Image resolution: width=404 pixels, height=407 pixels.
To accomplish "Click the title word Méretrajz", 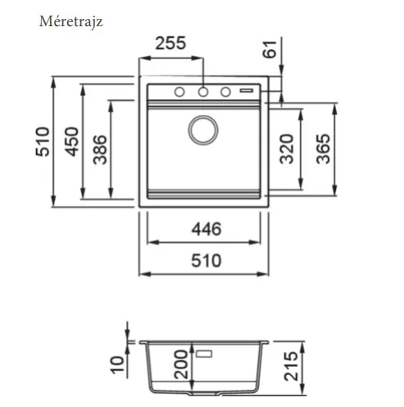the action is click(71, 21).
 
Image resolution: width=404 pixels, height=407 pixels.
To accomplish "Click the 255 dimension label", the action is click(170, 43).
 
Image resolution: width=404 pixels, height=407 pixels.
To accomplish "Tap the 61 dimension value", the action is click(270, 49).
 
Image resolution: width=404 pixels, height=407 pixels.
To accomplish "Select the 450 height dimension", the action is click(72, 142).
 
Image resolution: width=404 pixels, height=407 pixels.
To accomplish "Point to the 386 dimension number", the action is click(100, 149).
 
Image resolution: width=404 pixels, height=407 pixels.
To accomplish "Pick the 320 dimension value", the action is click(287, 149).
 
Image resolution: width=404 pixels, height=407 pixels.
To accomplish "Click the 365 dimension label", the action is click(323, 149).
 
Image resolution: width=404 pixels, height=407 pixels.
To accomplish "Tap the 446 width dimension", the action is click(207, 229).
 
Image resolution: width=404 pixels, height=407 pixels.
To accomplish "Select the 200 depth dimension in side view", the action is click(181, 364).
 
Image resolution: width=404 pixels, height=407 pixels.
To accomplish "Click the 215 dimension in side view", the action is click(291, 367).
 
